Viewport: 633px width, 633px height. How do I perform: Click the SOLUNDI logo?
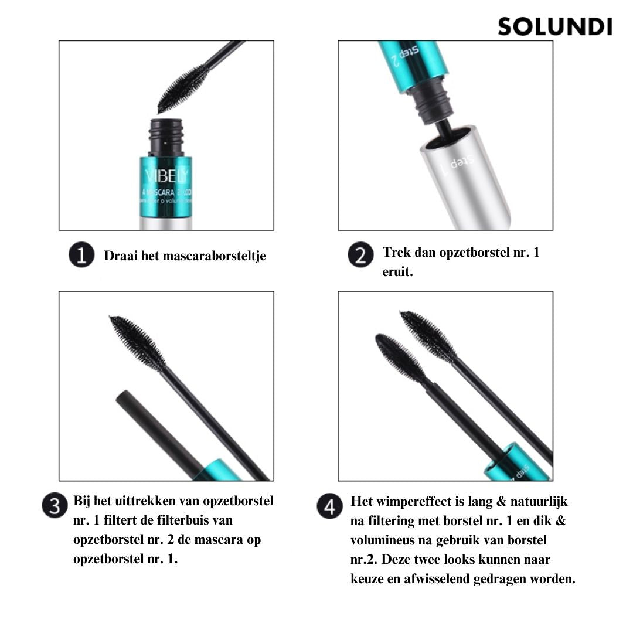(554, 27)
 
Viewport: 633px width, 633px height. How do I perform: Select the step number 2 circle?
(360, 256)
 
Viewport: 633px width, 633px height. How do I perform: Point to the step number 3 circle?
(55, 506)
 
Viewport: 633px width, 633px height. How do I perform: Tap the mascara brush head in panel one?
(183, 89)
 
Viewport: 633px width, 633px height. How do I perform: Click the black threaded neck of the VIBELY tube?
(167, 137)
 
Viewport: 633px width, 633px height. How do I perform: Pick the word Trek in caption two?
(396, 253)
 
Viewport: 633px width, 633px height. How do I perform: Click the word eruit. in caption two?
(398, 273)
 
